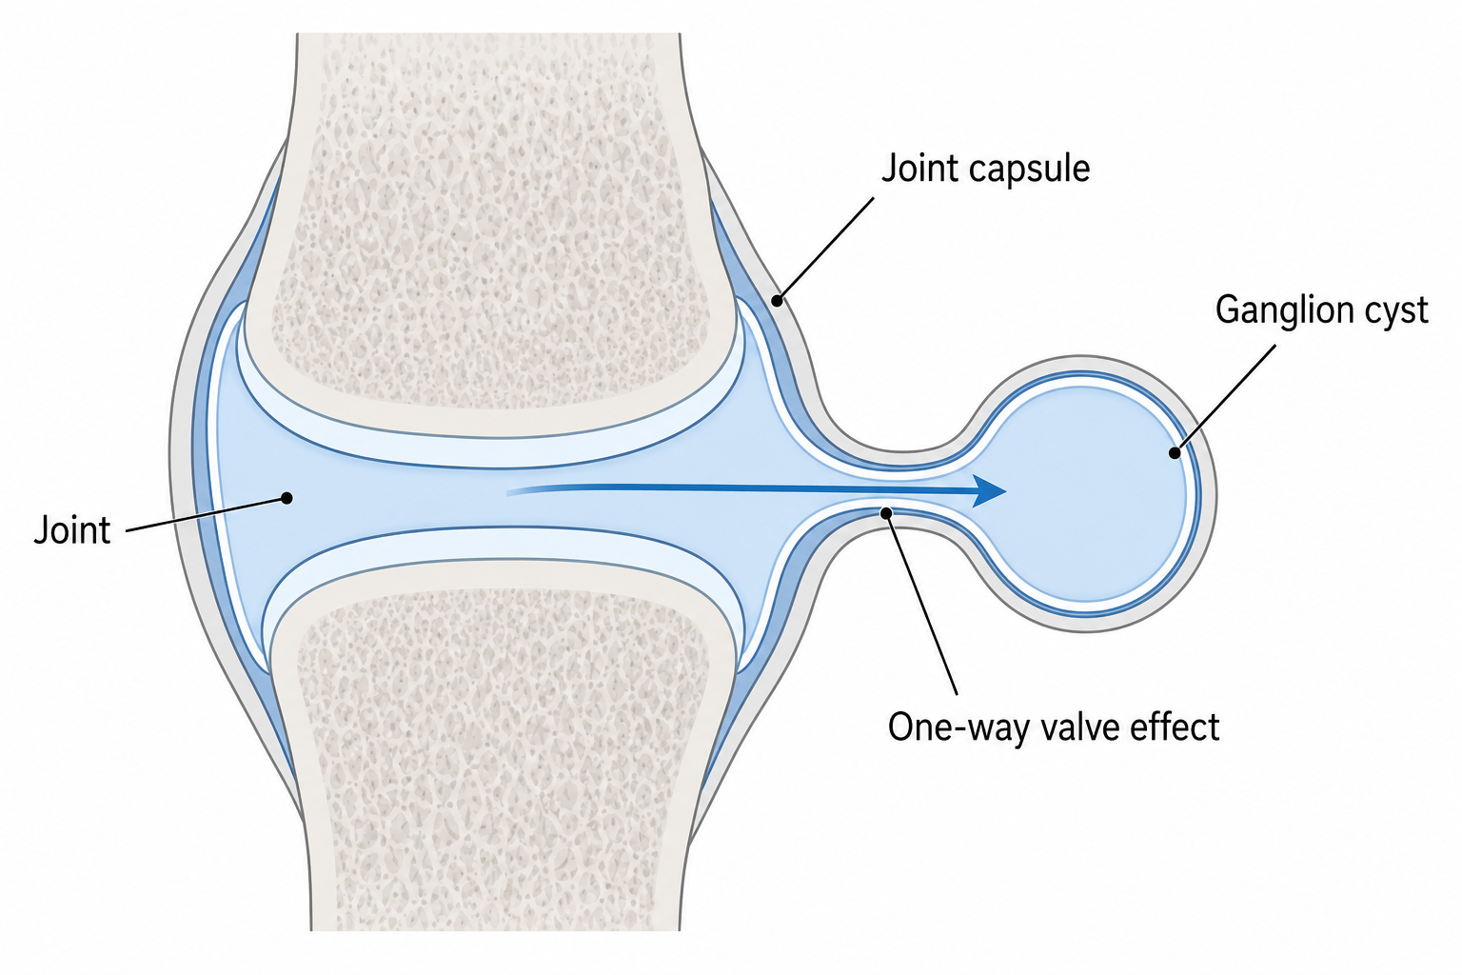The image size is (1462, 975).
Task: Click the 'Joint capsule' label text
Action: pyautogui.click(x=985, y=169)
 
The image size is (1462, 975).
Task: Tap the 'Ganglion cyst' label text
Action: pyautogui.click(x=1322, y=310)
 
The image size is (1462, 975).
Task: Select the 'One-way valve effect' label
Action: pyautogui.click(x=1054, y=726)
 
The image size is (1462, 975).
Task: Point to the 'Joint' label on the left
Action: pyautogui.click(x=72, y=529)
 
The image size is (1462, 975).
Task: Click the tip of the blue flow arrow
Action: pyautogui.click(x=1006, y=491)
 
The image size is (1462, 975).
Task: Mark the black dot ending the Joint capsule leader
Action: pyautogui.click(x=777, y=301)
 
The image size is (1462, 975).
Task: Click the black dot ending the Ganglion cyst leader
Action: pyautogui.click(x=1175, y=452)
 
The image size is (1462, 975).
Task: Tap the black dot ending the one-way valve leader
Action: pyautogui.click(x=886, y=513)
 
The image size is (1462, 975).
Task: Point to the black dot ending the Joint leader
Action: pyautogui.click(x=286, y=498)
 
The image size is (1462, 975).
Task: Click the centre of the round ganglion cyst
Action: pyautogui.click(x=1085, y=494)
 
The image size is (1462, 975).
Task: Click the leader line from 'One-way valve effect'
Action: pyautogui.click(x=921, y=604)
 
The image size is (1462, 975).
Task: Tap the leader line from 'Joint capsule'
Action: pyautogui.click(x=825, y=249)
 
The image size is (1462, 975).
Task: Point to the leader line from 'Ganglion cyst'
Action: pyautogui.click(x=1225, y=399)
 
